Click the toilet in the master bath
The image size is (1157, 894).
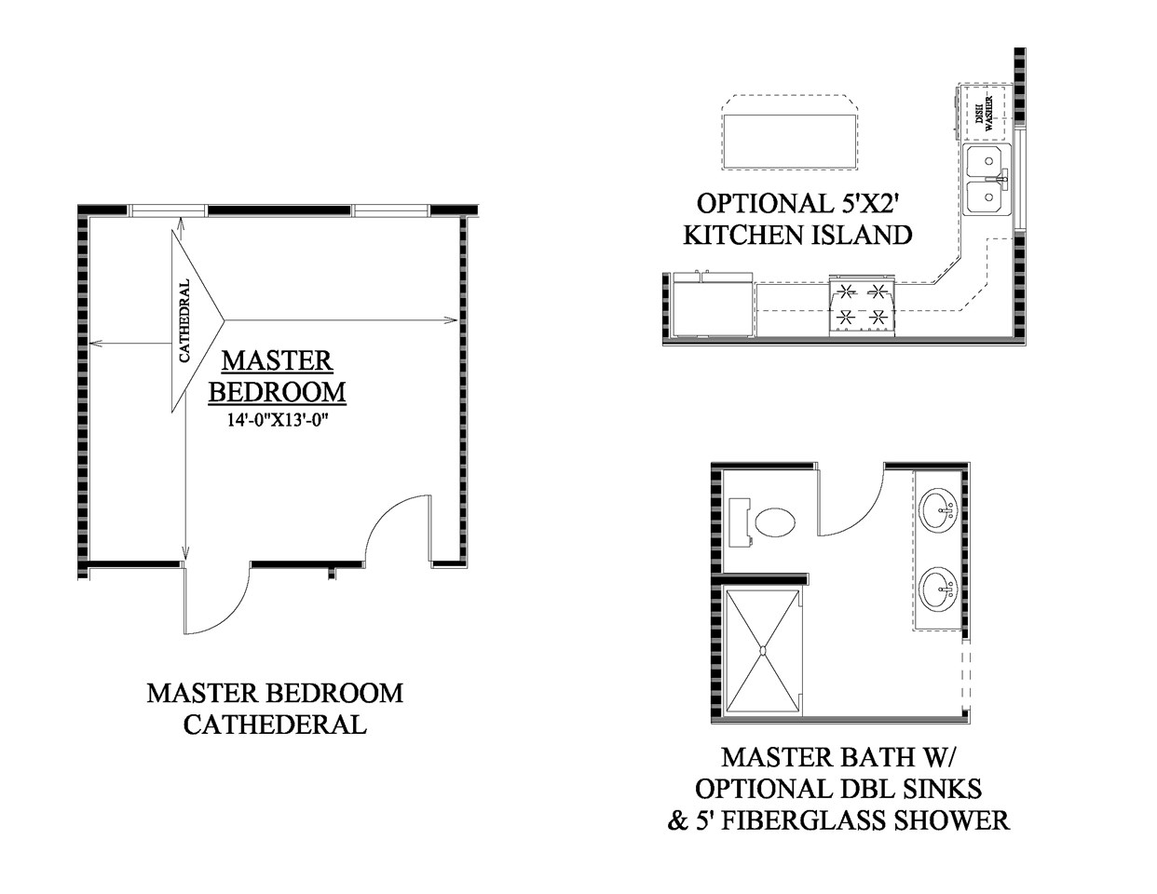pos(761,522)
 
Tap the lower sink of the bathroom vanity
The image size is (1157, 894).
pos(939,589)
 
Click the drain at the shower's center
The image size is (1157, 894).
pos(762,650)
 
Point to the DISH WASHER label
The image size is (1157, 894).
pos(984,114)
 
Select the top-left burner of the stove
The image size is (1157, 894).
pos(846,291)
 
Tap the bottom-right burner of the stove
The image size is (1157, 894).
pos(877,318)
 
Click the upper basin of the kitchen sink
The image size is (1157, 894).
pos(983,162)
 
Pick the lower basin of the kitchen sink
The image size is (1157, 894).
pos(983,196)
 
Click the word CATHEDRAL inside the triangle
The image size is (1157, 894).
pos(184,321)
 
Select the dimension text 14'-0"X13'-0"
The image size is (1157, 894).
pos(278,420)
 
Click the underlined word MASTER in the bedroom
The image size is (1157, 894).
pos(277,360)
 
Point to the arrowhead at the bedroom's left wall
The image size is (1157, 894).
pos(96,344)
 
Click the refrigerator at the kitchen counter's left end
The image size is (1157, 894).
pos(714,304)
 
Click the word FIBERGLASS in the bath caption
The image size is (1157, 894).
pos(803,820)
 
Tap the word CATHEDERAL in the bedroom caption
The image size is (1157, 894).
pos(275,725)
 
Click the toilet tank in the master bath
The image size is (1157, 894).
pos(740,522)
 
